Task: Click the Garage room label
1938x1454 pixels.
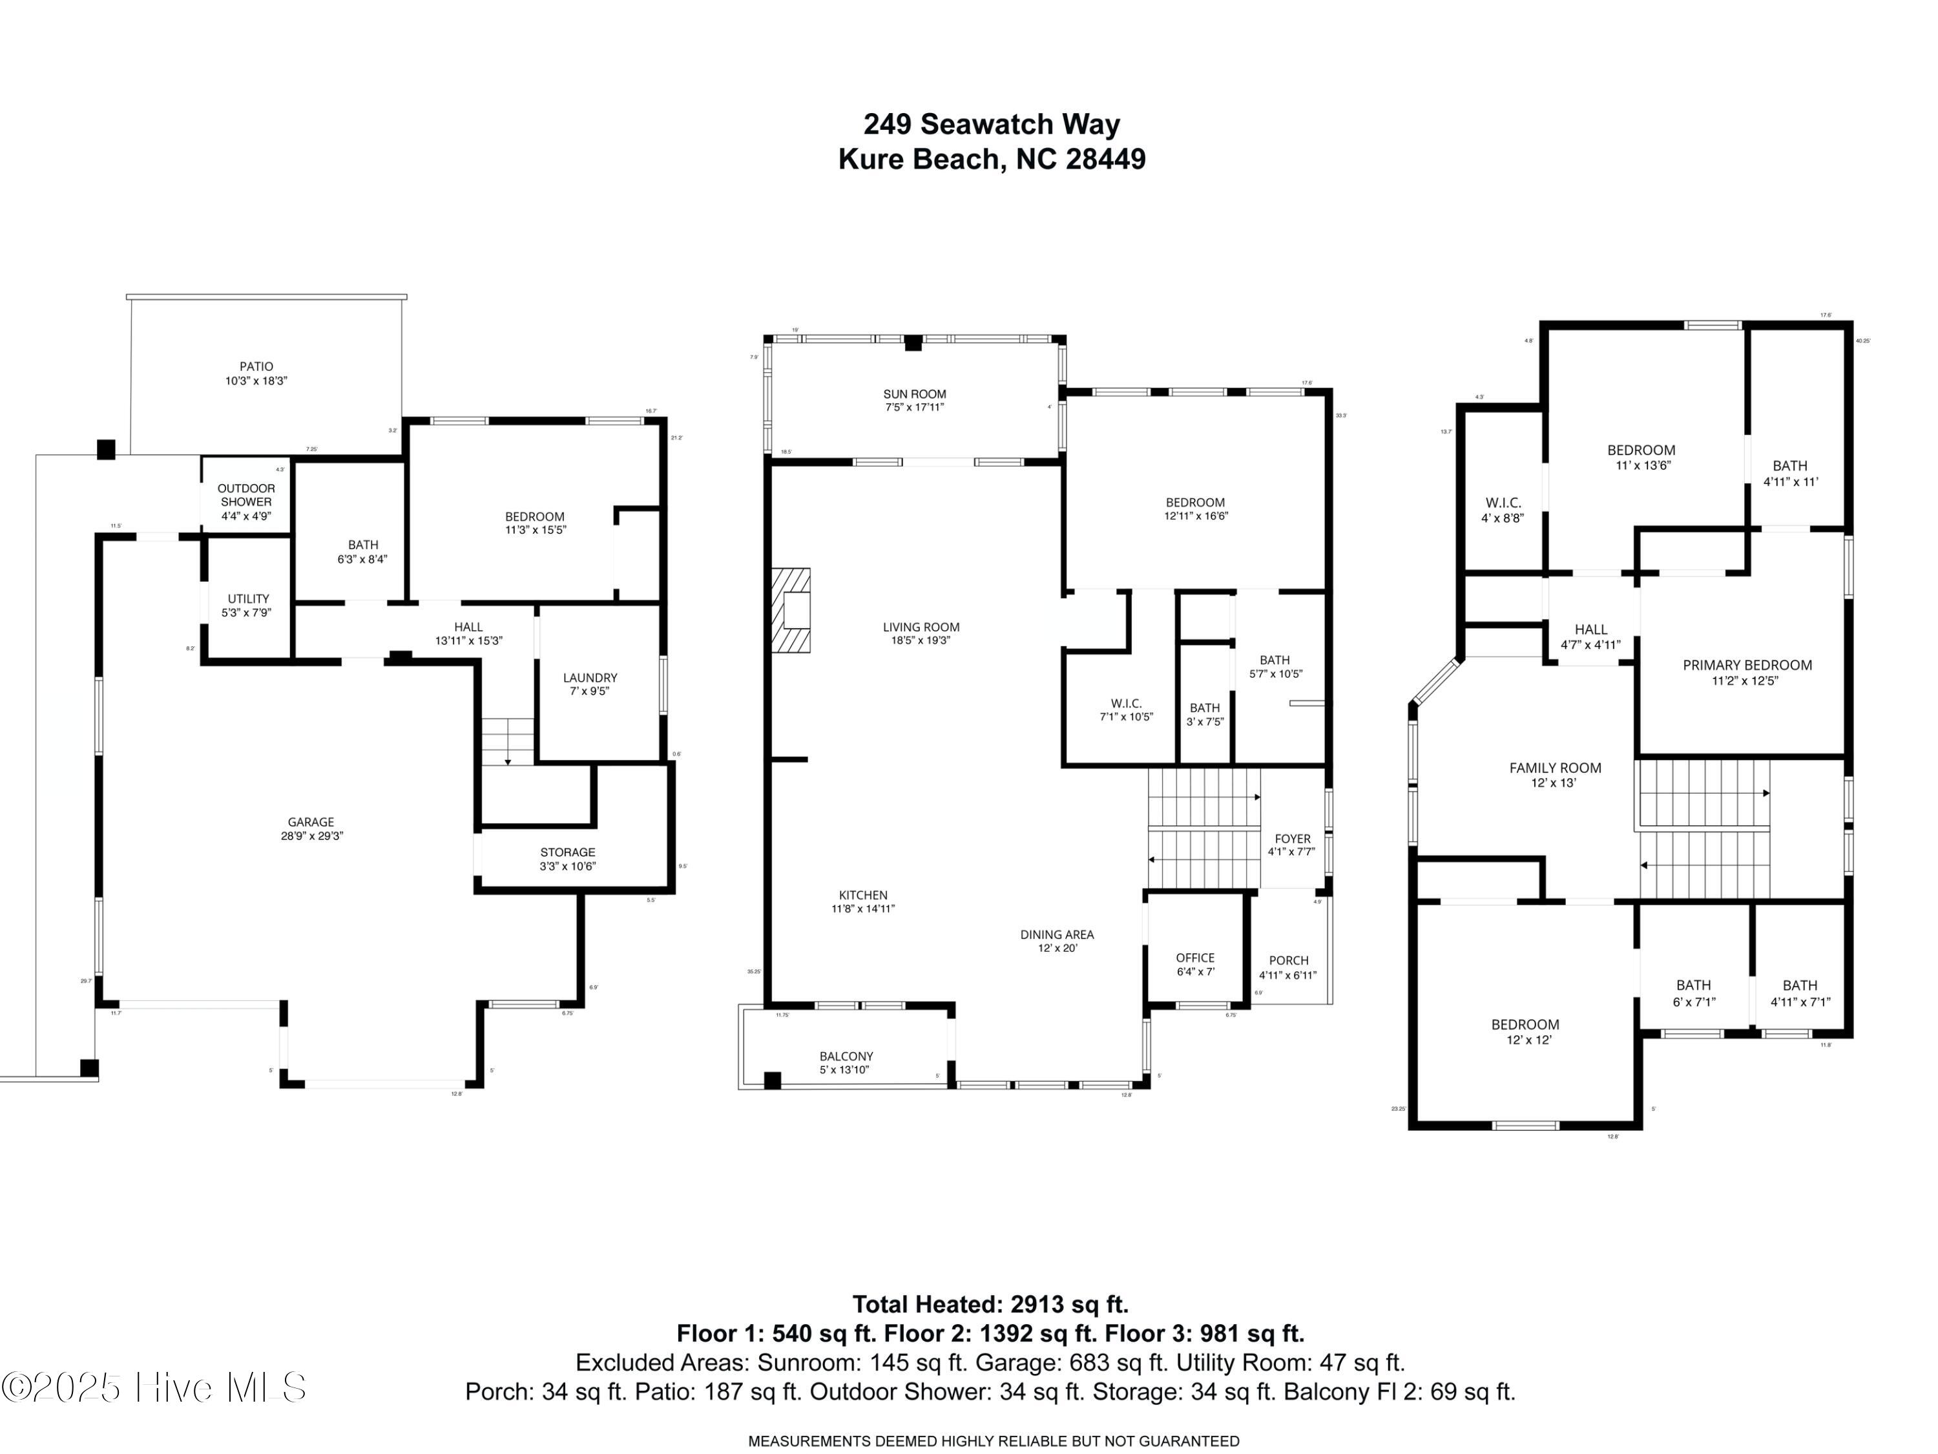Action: click(x=311, y=829)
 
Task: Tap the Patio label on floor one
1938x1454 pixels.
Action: click(x=256, y=374)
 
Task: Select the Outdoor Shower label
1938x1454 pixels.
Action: click(x=246, y=501)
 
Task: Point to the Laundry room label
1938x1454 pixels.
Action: click(x=590, y=684)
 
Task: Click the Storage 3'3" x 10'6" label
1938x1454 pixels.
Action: click(x=568, y=859)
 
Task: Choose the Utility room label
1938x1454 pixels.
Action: click(x=248, y=606)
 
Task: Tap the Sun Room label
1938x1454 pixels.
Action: click(x=915, y=401)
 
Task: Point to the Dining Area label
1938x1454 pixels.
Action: click(x=1057, y=940)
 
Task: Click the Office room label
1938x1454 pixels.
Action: click(x=1195, y=964)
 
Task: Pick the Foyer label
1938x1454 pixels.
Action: click(x=1292, y=845)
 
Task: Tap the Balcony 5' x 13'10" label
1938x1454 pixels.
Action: click(x=846, y=1063)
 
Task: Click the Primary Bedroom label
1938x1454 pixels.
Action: click(x=1747, y=672)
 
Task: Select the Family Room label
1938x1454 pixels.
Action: click(x=1555, y=775)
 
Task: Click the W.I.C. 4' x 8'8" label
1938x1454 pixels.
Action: click(x=1503, y=510)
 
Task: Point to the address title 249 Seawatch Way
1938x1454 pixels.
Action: click(x=992, y=125)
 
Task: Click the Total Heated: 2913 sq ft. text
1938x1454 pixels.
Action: click(x=990, y=1304)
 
